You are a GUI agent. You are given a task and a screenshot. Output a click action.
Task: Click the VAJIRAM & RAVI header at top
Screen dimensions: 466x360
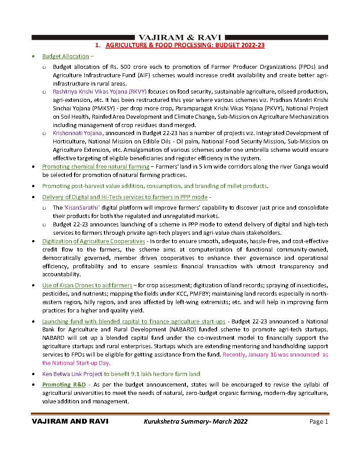[180, 38]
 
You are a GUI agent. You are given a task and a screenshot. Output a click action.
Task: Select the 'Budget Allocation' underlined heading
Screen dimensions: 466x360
[65, 56]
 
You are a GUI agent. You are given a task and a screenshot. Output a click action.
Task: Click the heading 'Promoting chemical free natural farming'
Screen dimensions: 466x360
[96, 167]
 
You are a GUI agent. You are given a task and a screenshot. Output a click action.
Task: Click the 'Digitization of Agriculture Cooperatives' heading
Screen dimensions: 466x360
[94, 241]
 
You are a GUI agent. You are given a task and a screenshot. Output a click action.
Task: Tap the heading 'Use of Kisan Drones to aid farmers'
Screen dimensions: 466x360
[87, 286]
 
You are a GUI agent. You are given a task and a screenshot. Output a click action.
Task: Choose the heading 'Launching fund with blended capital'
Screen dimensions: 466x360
[134, 321]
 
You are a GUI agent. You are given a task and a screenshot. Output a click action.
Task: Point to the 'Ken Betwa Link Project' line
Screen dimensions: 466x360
[121, 374]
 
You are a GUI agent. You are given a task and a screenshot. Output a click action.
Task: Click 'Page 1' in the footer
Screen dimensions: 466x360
[319, 422]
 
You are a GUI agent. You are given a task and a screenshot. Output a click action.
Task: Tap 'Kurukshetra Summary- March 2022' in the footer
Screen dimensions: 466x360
[195, 421]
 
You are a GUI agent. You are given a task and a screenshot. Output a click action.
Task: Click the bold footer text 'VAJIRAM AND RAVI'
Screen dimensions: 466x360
[70, 421]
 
